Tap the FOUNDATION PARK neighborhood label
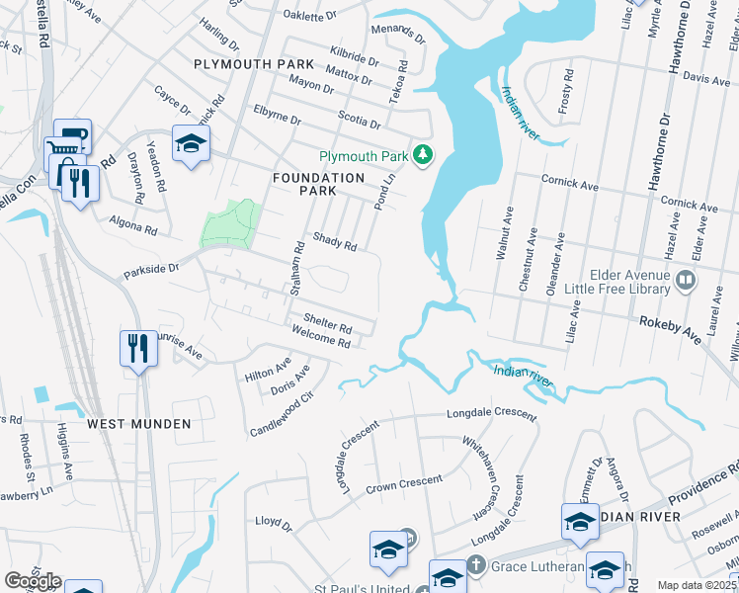click(319, 185)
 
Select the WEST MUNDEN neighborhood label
click(138, 423)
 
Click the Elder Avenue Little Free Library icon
click(684, 283)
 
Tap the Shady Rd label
click(334, 239)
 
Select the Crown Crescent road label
click(404, 484)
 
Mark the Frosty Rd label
click(566, 91)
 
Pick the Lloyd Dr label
click(274, 522)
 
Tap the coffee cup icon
click(72, 135)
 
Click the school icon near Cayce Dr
click(190, 143)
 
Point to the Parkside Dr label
click(150, 268)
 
